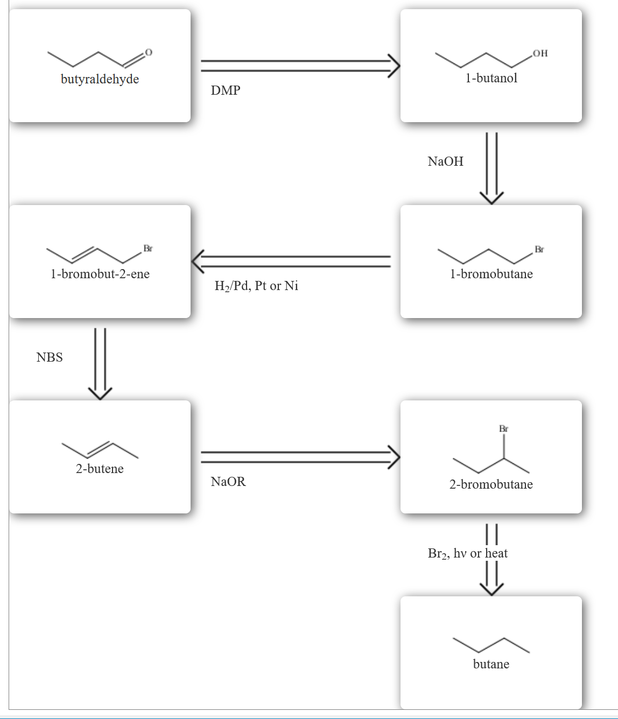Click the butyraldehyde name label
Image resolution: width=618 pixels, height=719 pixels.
(x=100, y=79)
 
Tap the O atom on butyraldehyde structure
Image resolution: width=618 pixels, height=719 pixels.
(x=149, y=52)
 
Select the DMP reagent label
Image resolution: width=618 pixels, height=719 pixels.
(x=226, y=90)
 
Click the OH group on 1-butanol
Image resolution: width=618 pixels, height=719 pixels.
(x=540, y=53)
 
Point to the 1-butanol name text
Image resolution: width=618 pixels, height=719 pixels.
(x=491, y=78)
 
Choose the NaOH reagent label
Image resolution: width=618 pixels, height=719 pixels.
(x=445, y=161)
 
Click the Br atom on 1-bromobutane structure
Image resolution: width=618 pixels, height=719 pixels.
(x=539, y=249)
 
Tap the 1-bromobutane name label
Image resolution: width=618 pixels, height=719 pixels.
(x=491, y=274)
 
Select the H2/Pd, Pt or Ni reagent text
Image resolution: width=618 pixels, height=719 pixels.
(x=256, y=286)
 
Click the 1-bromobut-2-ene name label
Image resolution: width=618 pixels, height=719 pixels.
(x=100, y=274)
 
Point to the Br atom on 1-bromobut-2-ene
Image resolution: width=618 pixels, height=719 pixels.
(x=148, y=248)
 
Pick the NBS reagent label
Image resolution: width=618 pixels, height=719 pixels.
(x=50, y=357)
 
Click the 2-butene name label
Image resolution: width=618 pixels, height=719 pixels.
(x=100, y=469)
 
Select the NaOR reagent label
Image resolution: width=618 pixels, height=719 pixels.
(x=228, y=482)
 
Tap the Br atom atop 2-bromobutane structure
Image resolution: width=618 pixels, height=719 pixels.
(x=503, y=429)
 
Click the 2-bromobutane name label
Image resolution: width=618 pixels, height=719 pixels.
(x=491, y=484)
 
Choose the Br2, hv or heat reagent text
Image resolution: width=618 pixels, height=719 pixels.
(x=467, y=553)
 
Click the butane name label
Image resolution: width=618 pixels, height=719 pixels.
(x=491, y=664)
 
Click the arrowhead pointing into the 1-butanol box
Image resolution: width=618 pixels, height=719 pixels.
(x=395, y=66)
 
